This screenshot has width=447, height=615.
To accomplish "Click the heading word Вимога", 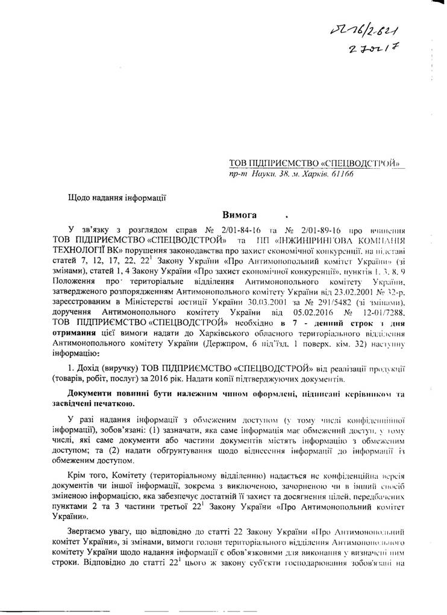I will coord(240,215).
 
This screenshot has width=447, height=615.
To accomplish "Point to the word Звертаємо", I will coord(93,534).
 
